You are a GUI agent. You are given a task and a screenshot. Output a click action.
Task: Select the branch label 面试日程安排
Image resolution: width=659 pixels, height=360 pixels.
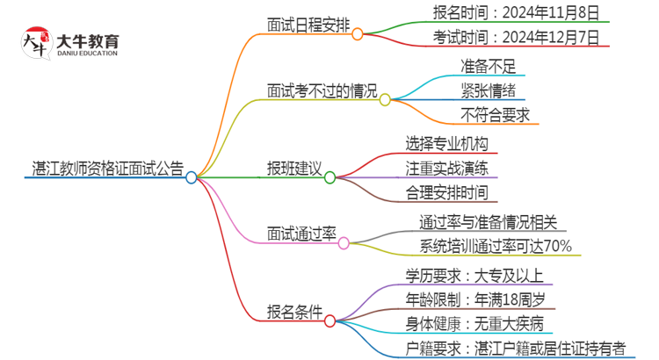pyautogui.click(x=308, y=25)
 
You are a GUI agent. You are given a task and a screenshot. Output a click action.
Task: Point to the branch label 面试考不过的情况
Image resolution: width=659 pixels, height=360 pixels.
pyautogui.click(x=322, y=90)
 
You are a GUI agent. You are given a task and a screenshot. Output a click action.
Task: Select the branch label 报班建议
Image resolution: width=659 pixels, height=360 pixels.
pyautogui.click(x=294, y=168)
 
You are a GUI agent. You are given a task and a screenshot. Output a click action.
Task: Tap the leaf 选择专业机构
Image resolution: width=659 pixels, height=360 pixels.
pyautogui.click(x=446, y=142)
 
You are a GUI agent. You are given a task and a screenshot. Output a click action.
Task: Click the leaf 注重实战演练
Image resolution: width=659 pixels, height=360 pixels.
pyautogui.click(x=446, y=167)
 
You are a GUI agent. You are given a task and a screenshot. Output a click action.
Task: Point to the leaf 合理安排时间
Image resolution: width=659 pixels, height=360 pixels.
pyautogui.click(x=446, y=191)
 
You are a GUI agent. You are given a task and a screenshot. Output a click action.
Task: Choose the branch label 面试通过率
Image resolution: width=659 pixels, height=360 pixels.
pyautogui.click(x=301, y=233)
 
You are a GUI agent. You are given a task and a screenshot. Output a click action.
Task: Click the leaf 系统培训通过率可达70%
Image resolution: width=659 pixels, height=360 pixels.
pyautogui.click(x=496, y=245)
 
